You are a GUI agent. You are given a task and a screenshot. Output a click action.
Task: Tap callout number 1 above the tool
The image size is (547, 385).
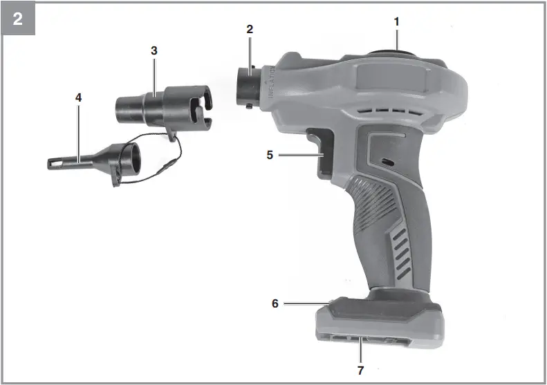(397, 21)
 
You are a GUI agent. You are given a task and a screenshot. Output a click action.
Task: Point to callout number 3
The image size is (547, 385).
(154, 50)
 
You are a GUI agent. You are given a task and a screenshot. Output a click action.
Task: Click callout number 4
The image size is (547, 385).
(79, 97)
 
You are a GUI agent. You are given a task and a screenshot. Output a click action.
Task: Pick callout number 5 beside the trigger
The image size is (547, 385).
(270, 155)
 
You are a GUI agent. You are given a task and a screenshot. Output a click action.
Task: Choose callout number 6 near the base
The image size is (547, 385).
(275, 303)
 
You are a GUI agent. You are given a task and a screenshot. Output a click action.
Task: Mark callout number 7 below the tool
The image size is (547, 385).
(360, 370)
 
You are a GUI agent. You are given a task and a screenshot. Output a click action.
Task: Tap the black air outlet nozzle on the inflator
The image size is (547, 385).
(249, 88)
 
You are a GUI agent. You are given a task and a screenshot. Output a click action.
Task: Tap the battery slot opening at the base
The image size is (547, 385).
(360, 340)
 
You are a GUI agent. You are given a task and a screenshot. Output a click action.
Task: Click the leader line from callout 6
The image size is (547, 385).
(304, 303)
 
